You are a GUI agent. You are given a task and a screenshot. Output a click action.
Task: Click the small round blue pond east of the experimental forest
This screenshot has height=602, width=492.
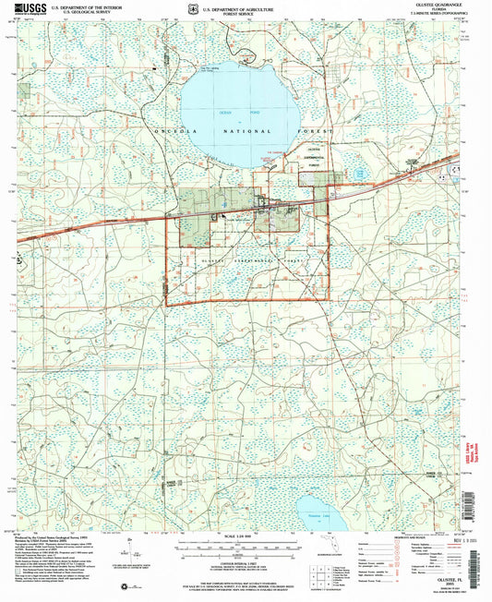pos(358,172)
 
